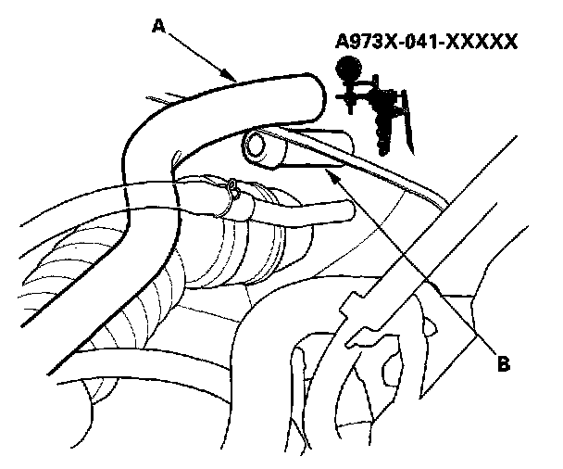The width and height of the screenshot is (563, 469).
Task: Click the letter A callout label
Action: click(x=158, y=29)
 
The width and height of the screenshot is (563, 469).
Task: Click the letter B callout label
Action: click(x=503, y=364)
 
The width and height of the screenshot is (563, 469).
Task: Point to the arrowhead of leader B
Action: click(x=323, y=163)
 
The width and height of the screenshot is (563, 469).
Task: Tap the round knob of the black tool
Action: click(x=348, y=66)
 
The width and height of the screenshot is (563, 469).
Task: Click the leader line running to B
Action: click(x=407, y=256)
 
